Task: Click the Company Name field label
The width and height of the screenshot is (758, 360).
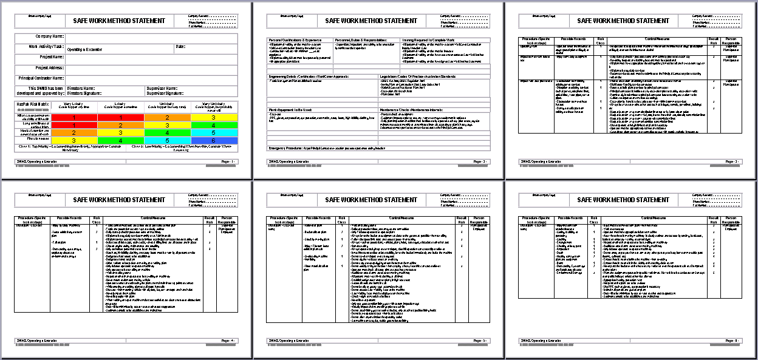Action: pyautogui.click(x=50, y=36)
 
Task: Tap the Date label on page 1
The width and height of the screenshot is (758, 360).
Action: pyautogui.click(x=180, y=47)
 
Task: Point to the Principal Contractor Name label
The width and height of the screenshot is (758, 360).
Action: pyautogui.click(x=41, y=78)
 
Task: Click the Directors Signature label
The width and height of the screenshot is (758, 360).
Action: pyautogui.click(x=84, y=93)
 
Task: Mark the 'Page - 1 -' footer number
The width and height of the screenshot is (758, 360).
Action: pyautogui.click(x=228, y=161)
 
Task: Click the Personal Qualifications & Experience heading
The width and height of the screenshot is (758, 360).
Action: pyautogui.click(x=296, y=40)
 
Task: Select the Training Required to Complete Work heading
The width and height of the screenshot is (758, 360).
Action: pyautogui.click(x=428, y=40)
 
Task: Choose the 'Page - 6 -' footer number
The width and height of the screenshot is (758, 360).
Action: pyautogui.click(x=732, y=341)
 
